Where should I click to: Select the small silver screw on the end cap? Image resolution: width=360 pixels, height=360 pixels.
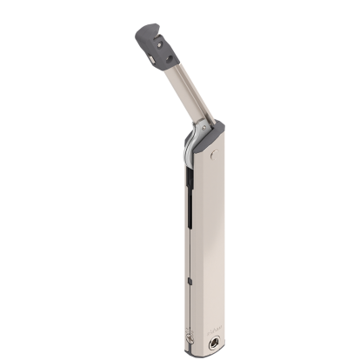click(151, 56)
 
